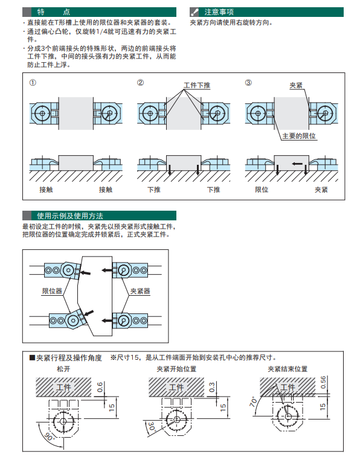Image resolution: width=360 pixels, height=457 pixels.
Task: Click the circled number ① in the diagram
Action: [x=33, y=83]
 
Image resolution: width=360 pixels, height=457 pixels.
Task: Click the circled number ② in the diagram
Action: [x=140, y=83]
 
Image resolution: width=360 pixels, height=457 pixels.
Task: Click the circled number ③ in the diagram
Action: [x=248, y=83]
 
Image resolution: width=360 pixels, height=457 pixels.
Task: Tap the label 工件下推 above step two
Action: [x=197, y=85]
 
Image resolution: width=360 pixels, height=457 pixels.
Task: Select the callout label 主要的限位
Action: [x=299, y=136]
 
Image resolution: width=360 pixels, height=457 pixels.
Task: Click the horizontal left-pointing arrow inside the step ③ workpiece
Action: [x=297, y=164]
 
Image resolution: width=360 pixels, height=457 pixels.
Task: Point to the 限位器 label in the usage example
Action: [x=52, y=291]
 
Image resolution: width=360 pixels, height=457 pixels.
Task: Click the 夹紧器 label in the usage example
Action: [x=140, y=291]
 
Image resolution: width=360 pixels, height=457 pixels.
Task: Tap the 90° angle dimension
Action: [x=49, y=437]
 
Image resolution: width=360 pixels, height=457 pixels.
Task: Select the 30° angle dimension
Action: [x=152, y=426]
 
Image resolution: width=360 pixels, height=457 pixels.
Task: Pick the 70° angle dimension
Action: [x=253, y=401]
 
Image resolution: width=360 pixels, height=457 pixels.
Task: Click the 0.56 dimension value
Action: [x=323, y=382]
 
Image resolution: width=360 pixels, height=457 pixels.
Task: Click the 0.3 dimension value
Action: [x=212, y=387]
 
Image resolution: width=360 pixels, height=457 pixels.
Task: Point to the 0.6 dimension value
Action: [x=100, y=387]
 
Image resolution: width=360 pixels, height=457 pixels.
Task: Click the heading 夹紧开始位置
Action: [x=176, y=369]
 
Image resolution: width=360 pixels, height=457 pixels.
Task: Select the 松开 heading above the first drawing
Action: [x=63, y=369]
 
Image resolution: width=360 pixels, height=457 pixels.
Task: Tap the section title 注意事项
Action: [x=219, y=12]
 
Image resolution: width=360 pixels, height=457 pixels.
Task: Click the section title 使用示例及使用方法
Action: [x=70, y=216]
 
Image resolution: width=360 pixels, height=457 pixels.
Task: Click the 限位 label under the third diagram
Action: [x=262, y=190]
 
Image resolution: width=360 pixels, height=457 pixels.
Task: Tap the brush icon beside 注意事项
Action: [x=194, y=12]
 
